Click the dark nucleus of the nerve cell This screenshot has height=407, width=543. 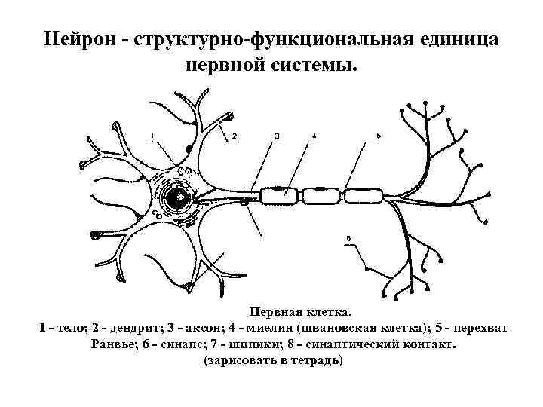(179, 197)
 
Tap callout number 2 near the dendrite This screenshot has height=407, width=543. (235, 136)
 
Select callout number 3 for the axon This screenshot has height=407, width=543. (278, 136)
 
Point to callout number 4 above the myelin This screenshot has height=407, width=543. (314, 136)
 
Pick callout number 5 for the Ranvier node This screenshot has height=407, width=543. (378, 136)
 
